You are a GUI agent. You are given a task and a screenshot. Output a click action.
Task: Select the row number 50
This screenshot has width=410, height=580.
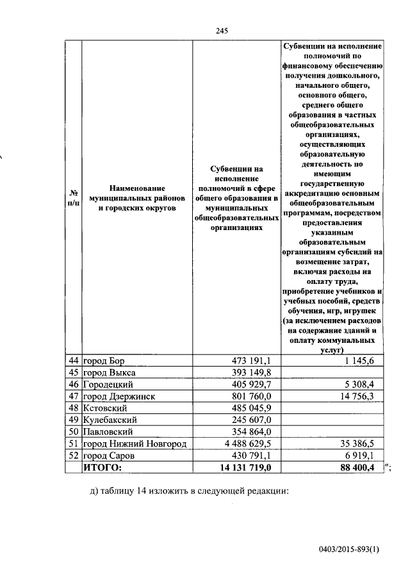(73, 432)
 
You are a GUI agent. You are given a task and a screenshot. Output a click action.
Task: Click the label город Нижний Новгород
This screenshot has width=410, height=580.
(135, 444)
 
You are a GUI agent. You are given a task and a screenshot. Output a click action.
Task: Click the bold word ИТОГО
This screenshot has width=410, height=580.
(101, 468)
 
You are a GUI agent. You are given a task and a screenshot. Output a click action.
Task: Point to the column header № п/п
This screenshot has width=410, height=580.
(73, 198)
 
